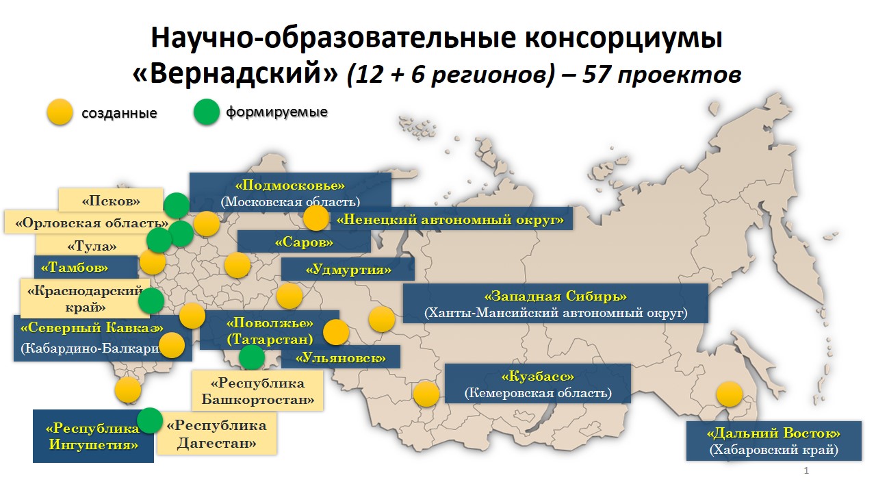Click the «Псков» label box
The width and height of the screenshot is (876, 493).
(x=111, y=200)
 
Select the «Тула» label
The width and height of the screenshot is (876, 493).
(x=92, y=246)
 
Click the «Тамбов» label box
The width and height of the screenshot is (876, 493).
(x=86, y=267)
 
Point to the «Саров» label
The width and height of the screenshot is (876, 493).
(x=304, y=242)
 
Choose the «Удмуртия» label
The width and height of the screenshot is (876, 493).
(x=348, y=269)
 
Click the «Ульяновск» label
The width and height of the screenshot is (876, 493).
(x=341, y=357)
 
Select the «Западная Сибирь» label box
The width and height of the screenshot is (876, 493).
(x=555, y=303)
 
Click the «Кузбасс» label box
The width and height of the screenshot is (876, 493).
(x=538, y=383)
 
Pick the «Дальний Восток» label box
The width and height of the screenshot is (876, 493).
(x=773, y=440)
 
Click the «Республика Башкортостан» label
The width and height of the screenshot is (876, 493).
(x=257, y=390)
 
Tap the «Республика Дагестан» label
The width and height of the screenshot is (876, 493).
(x=217, y=433)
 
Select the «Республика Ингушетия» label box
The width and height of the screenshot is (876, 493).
(x=93, y=436)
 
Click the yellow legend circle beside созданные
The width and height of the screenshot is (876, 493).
(x=60, y=112)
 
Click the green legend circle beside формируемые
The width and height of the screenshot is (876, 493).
(x=206, y=112)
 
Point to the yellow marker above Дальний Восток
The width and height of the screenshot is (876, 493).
(x=730, y=394)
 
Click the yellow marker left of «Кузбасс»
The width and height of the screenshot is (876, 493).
(x=426, y=394)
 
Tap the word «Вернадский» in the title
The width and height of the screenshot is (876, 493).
(x=235, y=73)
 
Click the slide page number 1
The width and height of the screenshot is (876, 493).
(x=806, y=470)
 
